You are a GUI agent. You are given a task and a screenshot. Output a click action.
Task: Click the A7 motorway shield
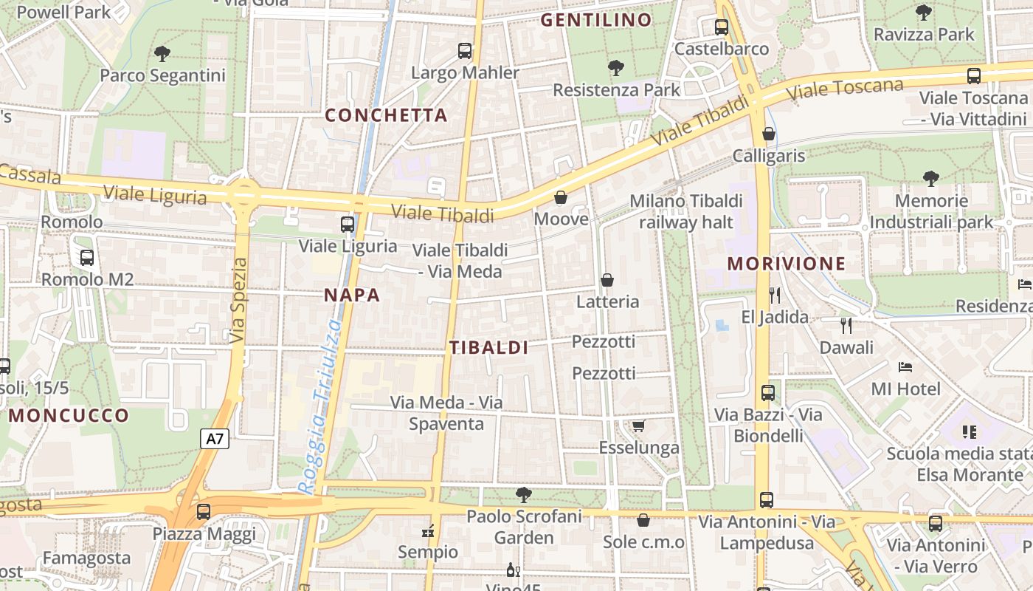[x=215, y=439]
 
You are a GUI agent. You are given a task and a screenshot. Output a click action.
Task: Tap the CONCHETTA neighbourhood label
[x=386, y=115]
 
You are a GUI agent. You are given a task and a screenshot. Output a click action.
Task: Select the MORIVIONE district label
[x=787, y=264]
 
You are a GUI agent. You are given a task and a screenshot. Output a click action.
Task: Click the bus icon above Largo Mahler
[x=465, y=51]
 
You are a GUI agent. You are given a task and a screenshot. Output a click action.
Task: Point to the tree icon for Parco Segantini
[x=162, y=54]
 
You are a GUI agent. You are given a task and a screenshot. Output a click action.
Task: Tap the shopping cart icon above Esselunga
[x=639, y=426]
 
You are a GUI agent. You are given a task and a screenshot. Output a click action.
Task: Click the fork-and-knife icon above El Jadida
[x=775, y=295]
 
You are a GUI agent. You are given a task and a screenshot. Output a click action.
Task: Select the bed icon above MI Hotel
[x=905, y=367]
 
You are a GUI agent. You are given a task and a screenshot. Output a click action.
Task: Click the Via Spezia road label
[x=238, y=301]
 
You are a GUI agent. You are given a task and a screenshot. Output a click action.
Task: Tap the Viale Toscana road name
[x=845, y=89]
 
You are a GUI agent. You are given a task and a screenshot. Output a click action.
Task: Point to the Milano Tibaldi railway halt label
[x=686, y=211]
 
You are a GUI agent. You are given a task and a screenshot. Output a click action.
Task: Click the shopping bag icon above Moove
[x=561, y=197]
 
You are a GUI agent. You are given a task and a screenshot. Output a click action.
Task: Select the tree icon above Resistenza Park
[x=616, y=69]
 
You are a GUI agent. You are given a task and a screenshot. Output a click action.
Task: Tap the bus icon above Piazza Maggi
[x=204, y=511]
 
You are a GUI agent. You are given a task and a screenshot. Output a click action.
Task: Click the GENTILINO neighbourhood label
[x=596, y=20]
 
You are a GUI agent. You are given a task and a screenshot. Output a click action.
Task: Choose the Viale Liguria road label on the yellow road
[x=155, y=195]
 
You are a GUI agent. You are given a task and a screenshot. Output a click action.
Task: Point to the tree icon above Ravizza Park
[x=924, y=13]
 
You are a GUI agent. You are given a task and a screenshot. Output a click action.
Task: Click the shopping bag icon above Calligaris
[x=769, y=134]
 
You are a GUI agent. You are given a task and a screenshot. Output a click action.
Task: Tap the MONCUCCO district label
[x=69, y=415]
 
